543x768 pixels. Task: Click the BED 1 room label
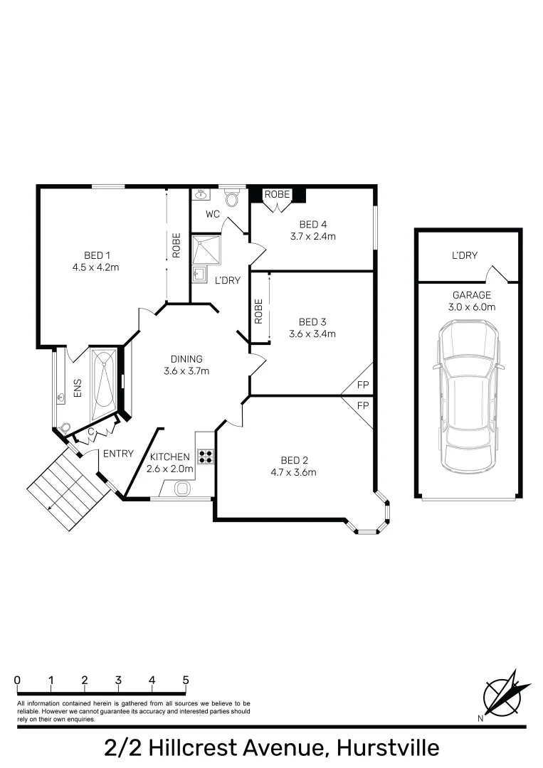click(97, 255)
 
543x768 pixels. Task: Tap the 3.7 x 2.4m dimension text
click(312, 237)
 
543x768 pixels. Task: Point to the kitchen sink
click(181, 489)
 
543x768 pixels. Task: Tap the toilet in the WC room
click(231, 197)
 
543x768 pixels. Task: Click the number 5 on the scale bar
click(186, 680)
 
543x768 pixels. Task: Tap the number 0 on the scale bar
click(17, 680)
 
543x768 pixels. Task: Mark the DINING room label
click(186, 358)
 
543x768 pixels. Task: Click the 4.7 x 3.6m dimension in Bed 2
click(293, 472)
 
